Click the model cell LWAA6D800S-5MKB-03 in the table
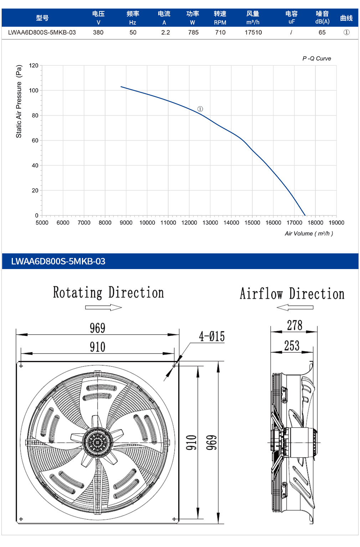tap(42, 32)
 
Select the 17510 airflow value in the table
tap(253, 32)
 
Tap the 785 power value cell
tap(193, 32)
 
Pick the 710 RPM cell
tap(220, 32)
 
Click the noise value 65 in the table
tap(322, 32)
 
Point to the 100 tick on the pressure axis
tap(34, 91)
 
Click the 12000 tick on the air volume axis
tap(189, 223)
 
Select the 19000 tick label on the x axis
tap(336, 223)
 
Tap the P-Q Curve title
tap(317, 58)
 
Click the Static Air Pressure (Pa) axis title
tap(19, 101)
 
